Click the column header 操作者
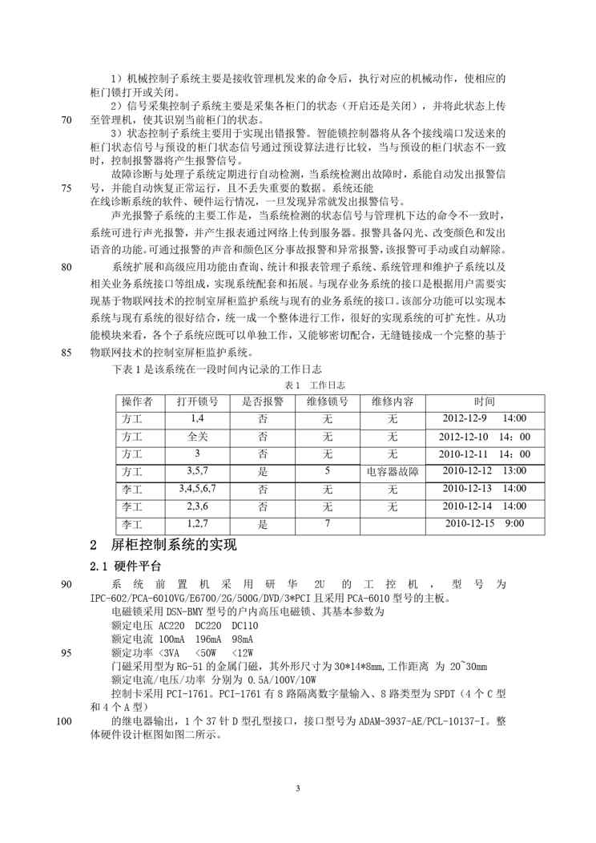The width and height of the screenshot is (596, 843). (x=142, y=401)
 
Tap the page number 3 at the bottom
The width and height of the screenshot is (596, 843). (x=297, y=789)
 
